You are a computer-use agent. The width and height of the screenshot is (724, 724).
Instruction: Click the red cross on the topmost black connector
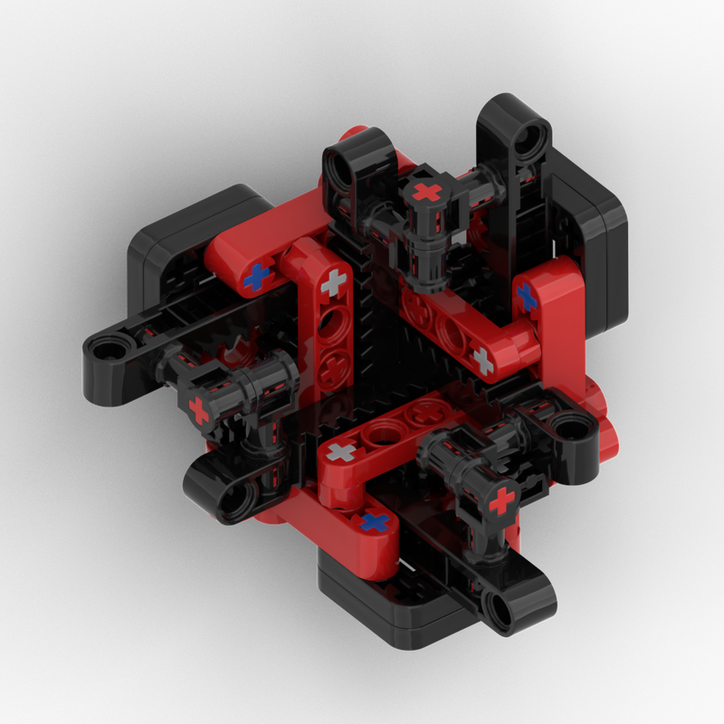tap(425, 193)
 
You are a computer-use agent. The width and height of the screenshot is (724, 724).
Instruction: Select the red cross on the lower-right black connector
tap(500, 500)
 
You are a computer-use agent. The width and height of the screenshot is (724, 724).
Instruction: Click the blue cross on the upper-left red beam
tap(258, 276)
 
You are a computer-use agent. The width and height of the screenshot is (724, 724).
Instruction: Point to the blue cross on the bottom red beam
tap(376, 522)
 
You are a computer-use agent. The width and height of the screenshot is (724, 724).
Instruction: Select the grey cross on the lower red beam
tap(341, 452)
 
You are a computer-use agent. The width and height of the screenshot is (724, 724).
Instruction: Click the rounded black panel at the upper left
tap(172, 244)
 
